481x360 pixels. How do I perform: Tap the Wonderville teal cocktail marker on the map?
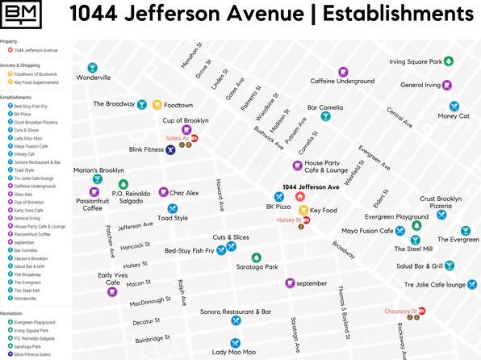point(93,68)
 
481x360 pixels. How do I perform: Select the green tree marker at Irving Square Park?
point(449,61)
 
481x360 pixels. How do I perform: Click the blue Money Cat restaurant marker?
point(454,106)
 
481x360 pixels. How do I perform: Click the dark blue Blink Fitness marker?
point(170,149)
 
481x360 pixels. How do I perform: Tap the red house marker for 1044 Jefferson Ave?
point(300,196)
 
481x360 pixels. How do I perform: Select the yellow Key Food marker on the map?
point(303,211)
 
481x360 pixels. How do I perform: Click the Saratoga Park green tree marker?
point(256,257)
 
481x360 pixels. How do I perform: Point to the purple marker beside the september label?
point(290,283)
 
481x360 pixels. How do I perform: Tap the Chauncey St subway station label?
point(399,311)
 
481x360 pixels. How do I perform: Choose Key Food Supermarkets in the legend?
point(36,82)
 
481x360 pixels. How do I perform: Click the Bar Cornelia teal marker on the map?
point(325,116)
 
